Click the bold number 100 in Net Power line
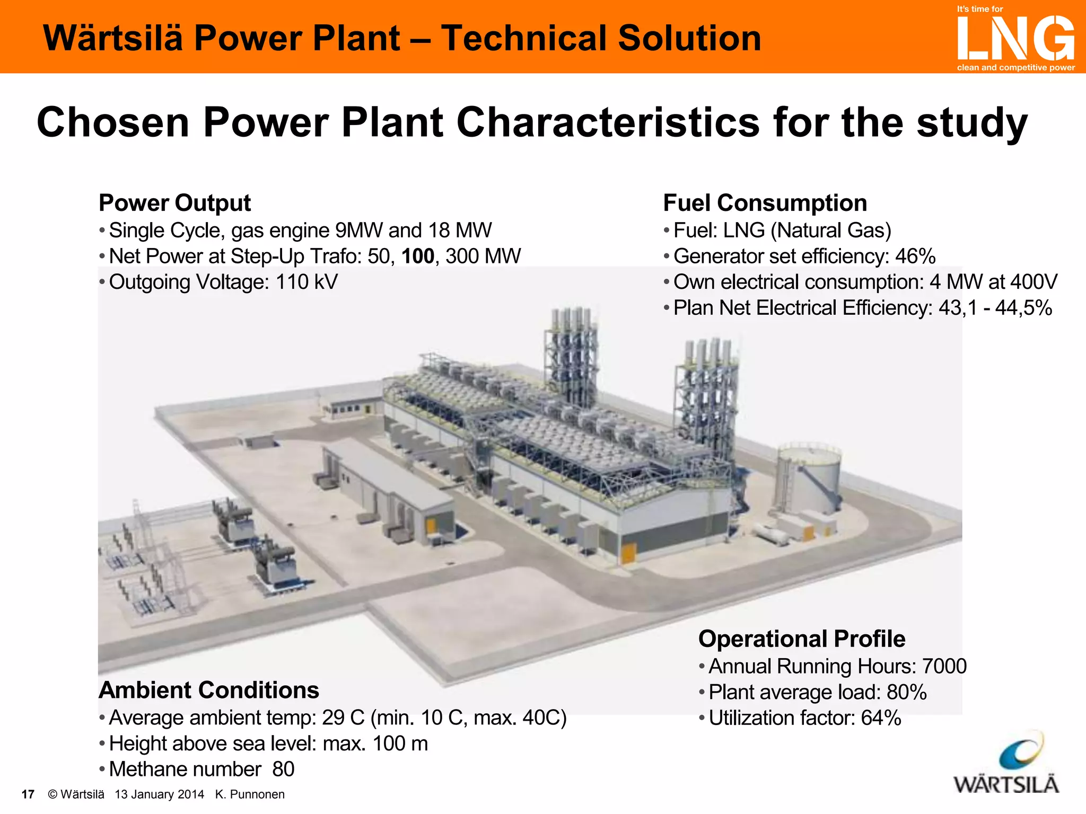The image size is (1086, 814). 418,256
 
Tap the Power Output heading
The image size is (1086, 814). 174,203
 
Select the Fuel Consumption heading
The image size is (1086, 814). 765,203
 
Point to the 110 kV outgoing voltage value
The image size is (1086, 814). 306,282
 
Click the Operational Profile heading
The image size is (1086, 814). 801,639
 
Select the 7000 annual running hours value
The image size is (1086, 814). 944,666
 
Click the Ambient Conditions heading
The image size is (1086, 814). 209,690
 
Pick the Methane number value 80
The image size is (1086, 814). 283,769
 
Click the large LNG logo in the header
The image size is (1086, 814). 1015,38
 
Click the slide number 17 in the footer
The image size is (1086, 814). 28,794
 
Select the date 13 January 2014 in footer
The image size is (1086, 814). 159,794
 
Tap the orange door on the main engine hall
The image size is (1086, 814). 628,553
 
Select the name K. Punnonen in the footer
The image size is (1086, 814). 250,794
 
